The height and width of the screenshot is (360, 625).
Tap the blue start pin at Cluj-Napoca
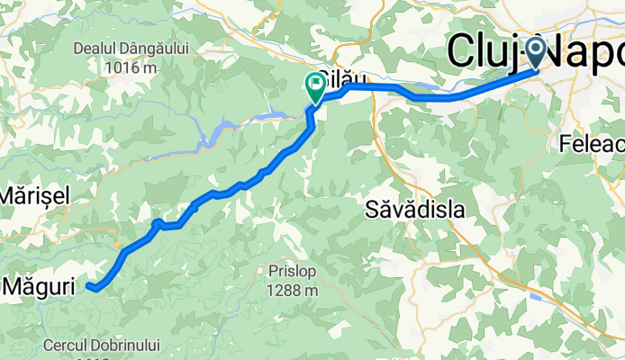click(537, 50)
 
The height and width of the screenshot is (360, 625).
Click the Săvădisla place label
click(415, 210)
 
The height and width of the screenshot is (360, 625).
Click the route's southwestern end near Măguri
click(90, 286)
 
